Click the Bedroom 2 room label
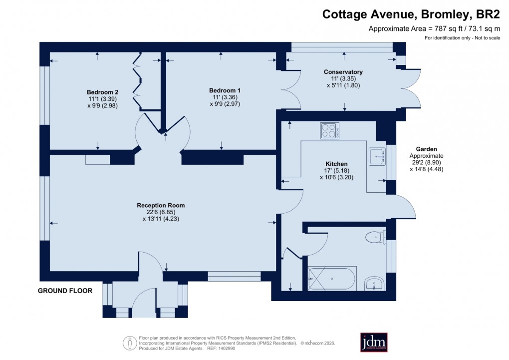click(102, 92)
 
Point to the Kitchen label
click(336, 164)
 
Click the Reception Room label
click(161, 205)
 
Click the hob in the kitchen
click(329, 131)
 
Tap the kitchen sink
click(377, 156)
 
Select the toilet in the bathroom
click(374, 237)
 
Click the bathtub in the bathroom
click(332, 279)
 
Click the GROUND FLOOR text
click(65, 291)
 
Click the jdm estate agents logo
click(374, 343)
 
